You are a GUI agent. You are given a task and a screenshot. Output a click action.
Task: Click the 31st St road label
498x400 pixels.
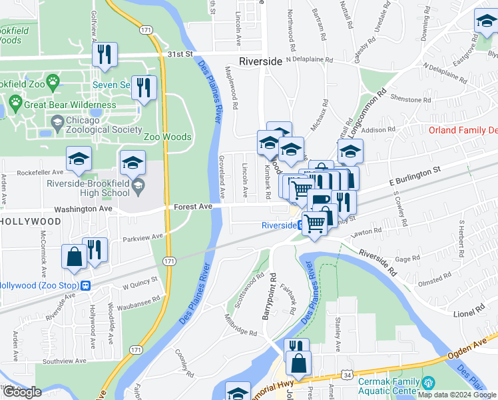point(180,54)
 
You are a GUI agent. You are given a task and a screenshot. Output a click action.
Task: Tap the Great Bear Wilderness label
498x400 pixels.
point(70,105)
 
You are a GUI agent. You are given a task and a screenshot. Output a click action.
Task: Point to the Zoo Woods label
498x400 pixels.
point(168,137)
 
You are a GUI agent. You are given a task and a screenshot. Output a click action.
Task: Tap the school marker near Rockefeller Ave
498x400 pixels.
point(79,159)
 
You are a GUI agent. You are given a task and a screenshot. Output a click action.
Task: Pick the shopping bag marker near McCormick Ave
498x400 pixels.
point(73,256)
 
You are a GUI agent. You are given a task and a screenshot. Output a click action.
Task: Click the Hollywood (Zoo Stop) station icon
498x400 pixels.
point(85,285)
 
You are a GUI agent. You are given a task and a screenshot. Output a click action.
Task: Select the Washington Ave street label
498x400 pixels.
point(83,209)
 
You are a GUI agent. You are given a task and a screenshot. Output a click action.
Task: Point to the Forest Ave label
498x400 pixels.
point(193,207)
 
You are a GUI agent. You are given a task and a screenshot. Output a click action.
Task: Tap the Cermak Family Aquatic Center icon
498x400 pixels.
point(428,383)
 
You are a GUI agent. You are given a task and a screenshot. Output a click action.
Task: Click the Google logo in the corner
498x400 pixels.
point(23,392)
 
